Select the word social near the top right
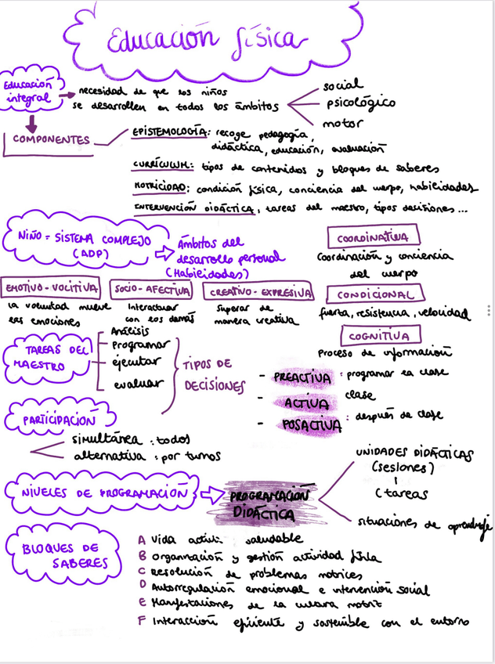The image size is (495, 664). click(342, 85)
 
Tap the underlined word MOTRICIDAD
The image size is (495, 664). click(161, 188)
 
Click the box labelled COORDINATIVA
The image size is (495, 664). click(373, 236)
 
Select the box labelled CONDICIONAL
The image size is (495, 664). click(376, 294)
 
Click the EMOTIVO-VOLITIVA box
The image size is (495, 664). click(52, 289)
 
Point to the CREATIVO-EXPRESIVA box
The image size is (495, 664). click(259, 293)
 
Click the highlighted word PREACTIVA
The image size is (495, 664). click(302, 377)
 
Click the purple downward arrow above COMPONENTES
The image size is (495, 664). click(31, 122)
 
